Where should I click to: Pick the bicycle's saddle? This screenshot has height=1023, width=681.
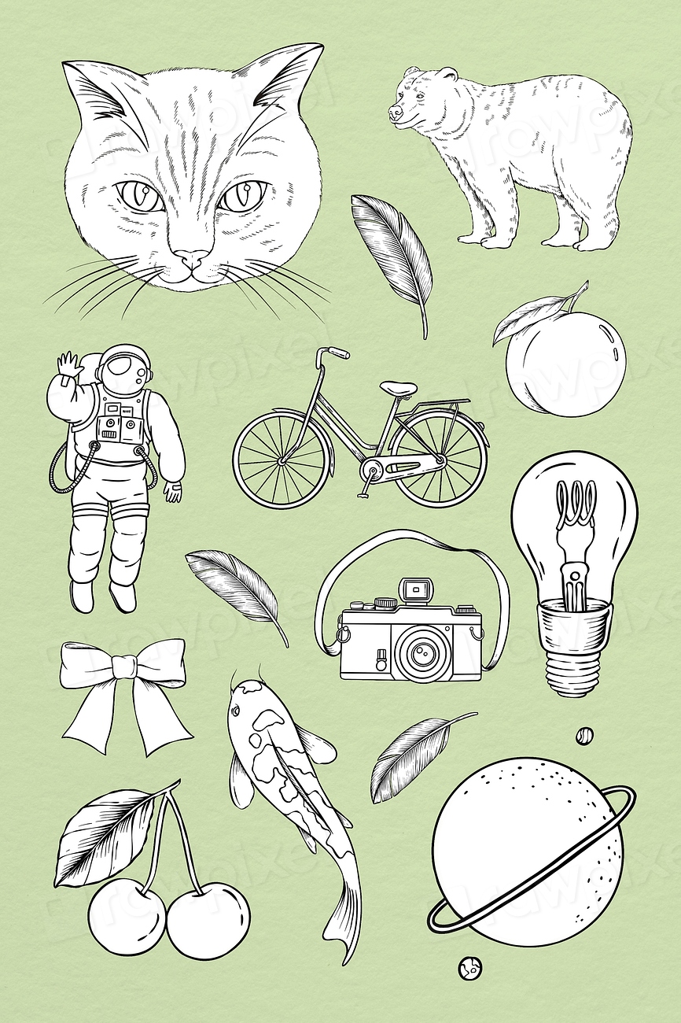(x=399, y=388)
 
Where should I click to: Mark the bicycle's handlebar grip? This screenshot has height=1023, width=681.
(x=338, y=353)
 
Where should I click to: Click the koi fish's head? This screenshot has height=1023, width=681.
(x=247, y=703)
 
